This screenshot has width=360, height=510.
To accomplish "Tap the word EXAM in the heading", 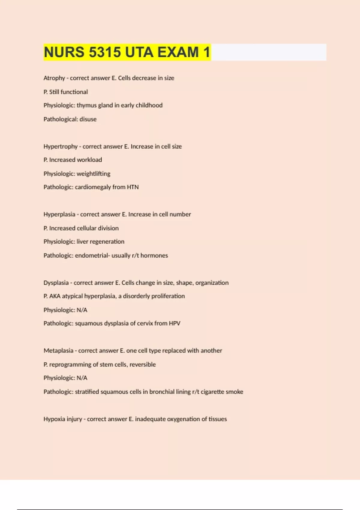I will pyautogui.click(x=178, y=52).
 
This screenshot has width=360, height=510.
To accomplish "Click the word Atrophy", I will pyautogui.click(x=54, y=78).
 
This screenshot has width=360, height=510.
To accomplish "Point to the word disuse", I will pyautogui.click(x=88, y=119).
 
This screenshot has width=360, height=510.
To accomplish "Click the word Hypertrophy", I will pyautogui.click(x=61, y=146).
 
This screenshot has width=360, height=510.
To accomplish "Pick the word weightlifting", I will pyautogui.click(x=94, y=174).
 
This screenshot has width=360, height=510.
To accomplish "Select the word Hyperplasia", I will pyautogui.click(x=59, y=214).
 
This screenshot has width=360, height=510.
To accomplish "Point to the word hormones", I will pyautogui.click(x=154, y=256).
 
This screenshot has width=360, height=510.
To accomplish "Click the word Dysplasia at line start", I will pyautogui.click(x=56, y=283).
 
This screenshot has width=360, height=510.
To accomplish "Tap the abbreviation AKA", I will pyautogui.click(x=55, y=296).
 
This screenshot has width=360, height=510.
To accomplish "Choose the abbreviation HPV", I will pyautogui.click(x=175, y=323).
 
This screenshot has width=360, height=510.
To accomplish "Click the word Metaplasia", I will pyautogui.click(x=58, y=351).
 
